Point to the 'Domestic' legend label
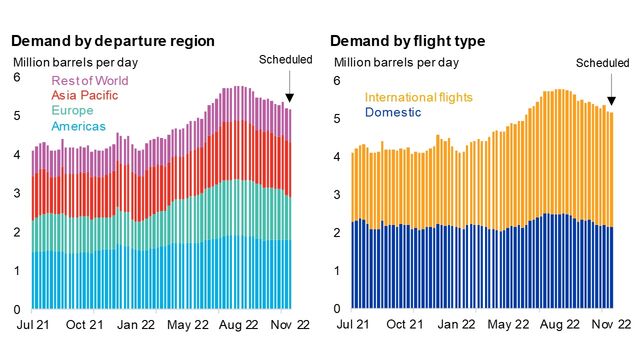(x=393, y=113)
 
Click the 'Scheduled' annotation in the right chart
(x=603, y=63)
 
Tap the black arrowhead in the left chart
(x=289, y=98)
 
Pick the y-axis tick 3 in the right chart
(x=337, y=194)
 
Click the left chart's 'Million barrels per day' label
(x=74, y=63)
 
